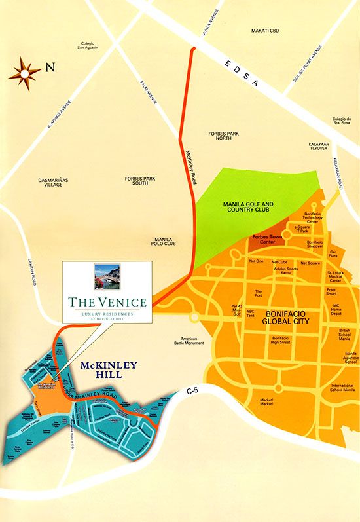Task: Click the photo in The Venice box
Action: (x=107, y=277)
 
